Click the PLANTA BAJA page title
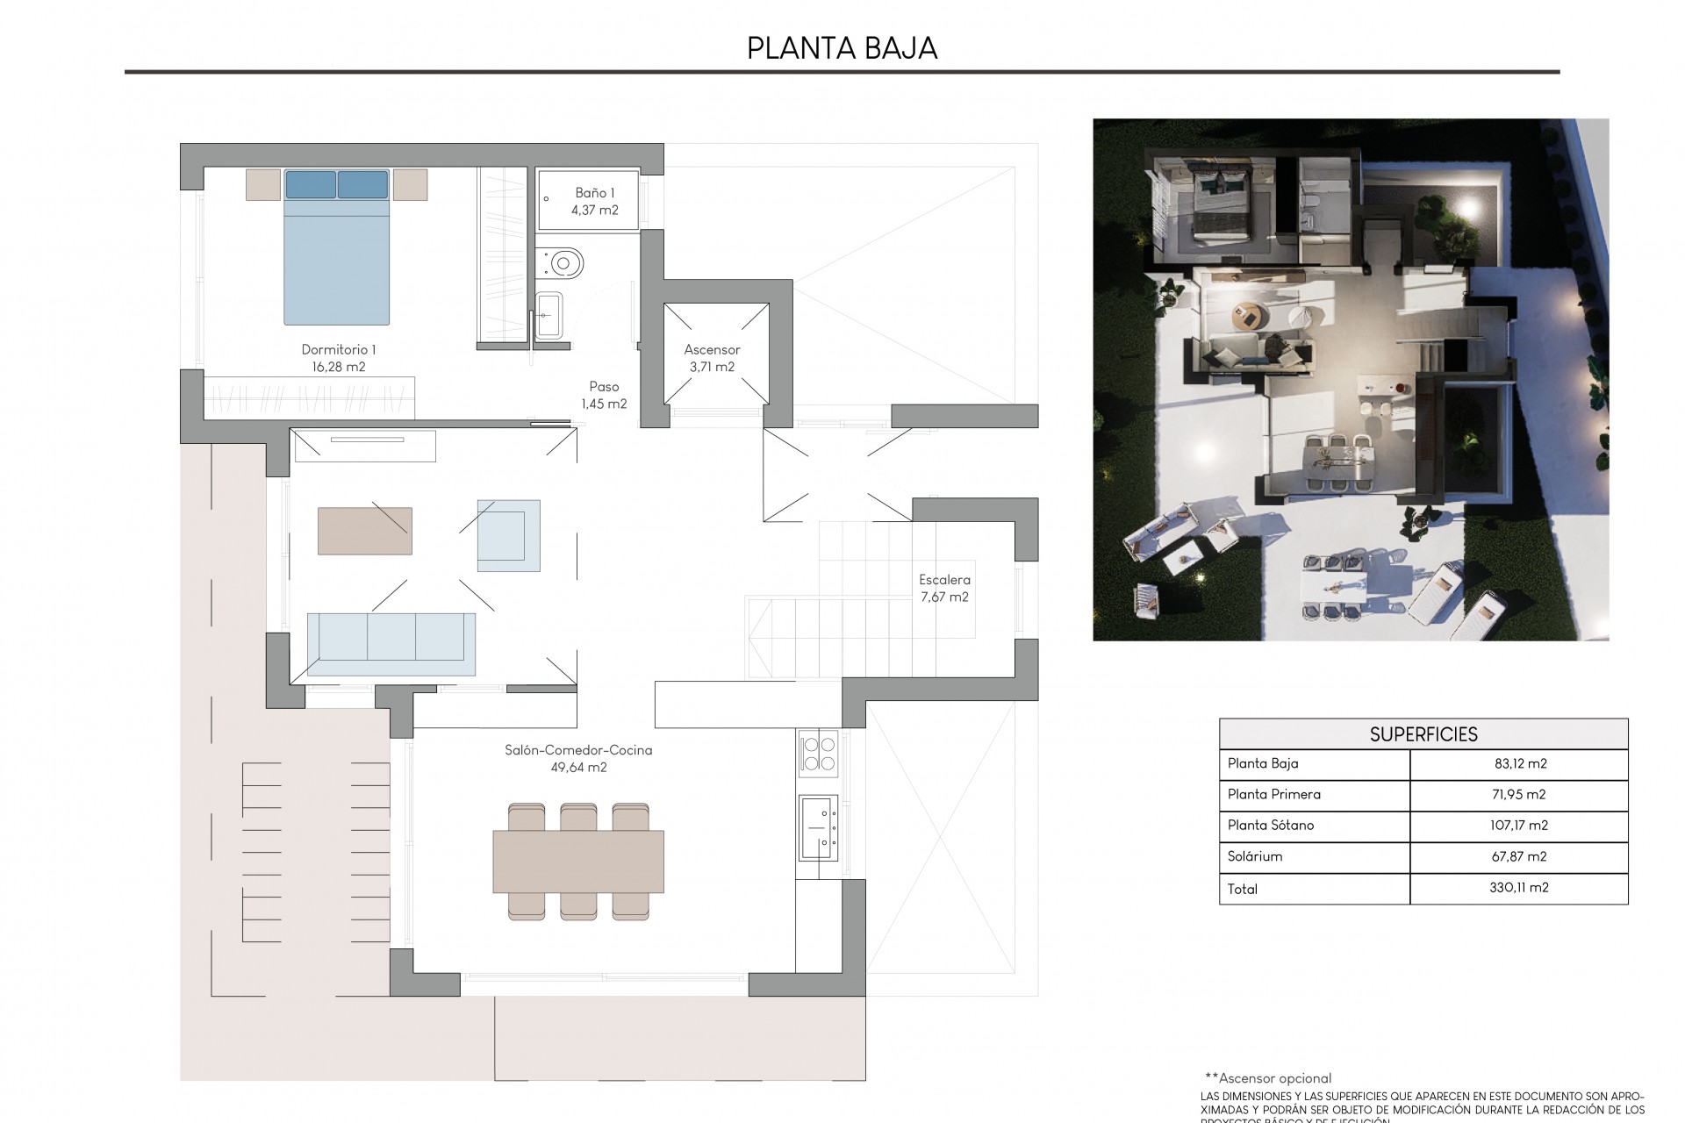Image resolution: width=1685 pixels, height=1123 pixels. click(842, 48)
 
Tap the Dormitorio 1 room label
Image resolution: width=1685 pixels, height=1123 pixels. click(338, 350)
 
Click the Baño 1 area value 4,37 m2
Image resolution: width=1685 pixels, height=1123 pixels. click(594, 211)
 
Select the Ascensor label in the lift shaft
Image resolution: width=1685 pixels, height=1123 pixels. click(712, 350)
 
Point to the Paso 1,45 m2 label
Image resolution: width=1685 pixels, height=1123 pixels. click(604, 395)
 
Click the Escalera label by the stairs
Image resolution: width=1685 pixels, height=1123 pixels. click(944, 580)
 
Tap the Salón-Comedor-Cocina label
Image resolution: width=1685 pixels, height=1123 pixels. click(578, 751)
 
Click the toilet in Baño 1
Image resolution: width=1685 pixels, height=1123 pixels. click(563, 261)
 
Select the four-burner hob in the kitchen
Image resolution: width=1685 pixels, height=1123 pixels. click(818, 754)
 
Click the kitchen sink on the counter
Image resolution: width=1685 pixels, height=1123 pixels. click(818, 827)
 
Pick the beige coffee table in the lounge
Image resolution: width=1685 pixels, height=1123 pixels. click(364, 530)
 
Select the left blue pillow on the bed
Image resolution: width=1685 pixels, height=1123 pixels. click(311, 185)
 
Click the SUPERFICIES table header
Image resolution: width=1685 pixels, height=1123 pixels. click(1423, 734)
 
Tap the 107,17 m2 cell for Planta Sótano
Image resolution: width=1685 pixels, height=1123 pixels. click(1518, 826)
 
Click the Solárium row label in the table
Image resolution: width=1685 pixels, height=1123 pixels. click(1255, 856)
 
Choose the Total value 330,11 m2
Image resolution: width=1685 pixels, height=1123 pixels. click(1518, 888)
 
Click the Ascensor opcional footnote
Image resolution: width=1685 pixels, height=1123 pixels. click(1267, 1078)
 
